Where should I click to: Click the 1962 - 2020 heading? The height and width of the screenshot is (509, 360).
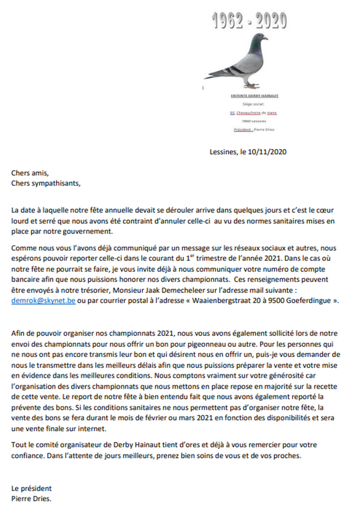[x=249, y=20]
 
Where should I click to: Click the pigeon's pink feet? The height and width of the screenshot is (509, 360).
[x=250, y=86]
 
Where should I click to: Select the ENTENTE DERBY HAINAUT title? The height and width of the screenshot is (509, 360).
[x=254, y=96]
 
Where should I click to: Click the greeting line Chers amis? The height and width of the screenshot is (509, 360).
[x=30, y=173]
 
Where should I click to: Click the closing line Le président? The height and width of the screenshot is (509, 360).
[x=32, y=489]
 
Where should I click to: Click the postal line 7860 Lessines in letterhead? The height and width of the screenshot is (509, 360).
[x=254, y=121]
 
